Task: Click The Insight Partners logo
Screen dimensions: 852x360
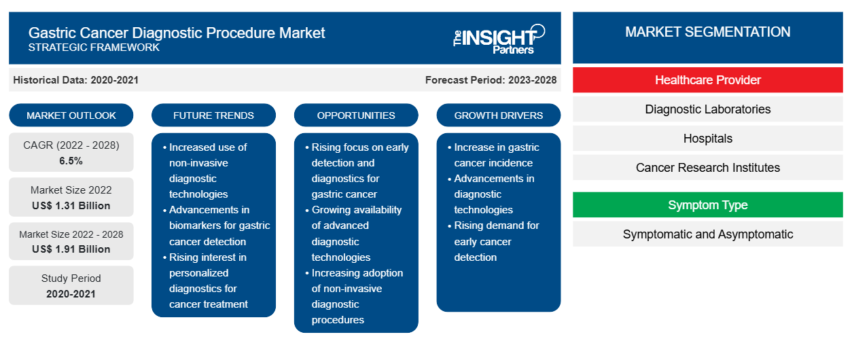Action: coord(499,39)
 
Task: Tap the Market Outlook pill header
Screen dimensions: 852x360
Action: coord(71,115)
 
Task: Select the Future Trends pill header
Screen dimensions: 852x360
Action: coord(213,115)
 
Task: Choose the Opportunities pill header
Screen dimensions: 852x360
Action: coord(356,115)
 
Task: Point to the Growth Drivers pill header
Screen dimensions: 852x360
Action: coord(498,115)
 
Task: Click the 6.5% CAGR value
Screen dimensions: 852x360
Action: coord(71,161)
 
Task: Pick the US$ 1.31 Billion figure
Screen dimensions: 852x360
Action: coord(71,206)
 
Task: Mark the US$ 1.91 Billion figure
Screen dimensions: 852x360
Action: coord(71,249)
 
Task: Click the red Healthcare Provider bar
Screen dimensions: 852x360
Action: coord(707,80)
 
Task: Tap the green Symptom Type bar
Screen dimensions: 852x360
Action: coord(707,205)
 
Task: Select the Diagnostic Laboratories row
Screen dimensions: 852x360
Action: coord(707,109)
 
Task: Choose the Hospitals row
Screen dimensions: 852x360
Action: coord(707,139)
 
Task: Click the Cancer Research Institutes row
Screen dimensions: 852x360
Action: coord(707,168)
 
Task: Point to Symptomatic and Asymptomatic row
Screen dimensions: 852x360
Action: coord(707,234)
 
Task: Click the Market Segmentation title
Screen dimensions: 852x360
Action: coord(707,32)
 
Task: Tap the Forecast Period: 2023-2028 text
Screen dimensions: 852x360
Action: coord(491,80)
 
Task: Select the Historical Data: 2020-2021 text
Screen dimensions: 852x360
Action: coord(75,80)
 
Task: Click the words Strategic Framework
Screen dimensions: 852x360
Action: coord(94,48)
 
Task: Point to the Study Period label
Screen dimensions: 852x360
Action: coord(71,278)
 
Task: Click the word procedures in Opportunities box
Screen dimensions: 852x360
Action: coord(338,320)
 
